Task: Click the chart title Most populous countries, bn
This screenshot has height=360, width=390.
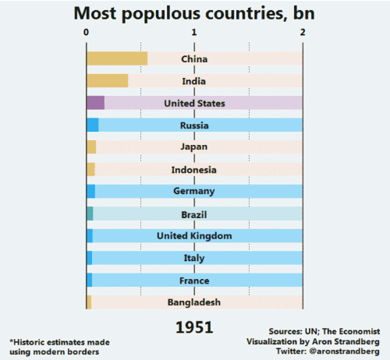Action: click(x=194, y=13)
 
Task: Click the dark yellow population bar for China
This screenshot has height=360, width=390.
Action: click(x=116, y=58)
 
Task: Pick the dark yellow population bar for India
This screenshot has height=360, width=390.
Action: click(x=107, y=80)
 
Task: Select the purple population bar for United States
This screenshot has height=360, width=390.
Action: click(x=95, y=103)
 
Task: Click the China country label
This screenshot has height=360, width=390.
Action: click(x=194, y=59)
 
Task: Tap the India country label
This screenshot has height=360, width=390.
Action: click(x=194, y=81)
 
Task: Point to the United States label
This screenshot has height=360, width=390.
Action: click(x=194, y=103)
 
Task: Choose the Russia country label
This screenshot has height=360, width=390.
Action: click(x=194, y=125)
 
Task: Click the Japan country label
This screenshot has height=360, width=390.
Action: click(x=194, y=147)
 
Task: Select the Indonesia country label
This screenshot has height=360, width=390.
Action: click(x=194, y=170)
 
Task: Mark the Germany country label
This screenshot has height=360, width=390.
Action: click(x=194, y=192)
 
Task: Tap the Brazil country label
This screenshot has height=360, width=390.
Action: click(x=194, y=214)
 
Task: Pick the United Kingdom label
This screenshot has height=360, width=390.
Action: click(x=194, y=236)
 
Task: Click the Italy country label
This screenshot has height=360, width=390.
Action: click(x=194, y=258)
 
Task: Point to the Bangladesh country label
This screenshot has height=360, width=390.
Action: click(x=194, y=302)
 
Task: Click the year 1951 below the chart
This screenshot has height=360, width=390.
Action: click(x=194, y=327)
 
